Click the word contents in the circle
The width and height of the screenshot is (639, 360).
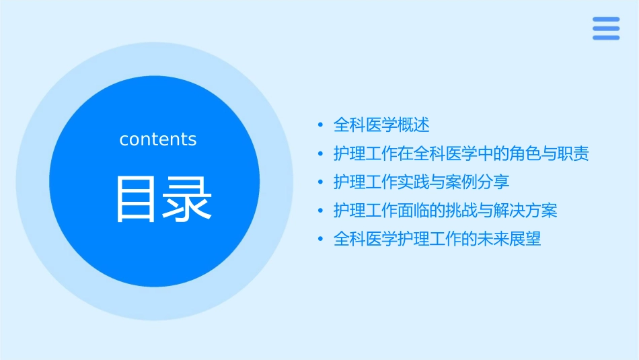tap(158, 139)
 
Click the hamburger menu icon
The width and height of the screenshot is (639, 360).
tap(605, 28)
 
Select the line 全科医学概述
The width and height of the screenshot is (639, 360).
tap(381, 125)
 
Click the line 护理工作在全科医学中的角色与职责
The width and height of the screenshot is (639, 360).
tap(461, 154)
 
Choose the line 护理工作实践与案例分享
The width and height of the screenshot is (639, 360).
tap(422, 182)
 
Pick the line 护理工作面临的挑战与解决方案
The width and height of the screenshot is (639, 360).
tap(445, 211)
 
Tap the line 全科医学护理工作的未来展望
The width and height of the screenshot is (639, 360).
tap(437, 240)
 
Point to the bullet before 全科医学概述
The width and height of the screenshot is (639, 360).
tap(321, 125)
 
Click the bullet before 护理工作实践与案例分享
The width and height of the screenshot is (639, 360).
tap(321, 182)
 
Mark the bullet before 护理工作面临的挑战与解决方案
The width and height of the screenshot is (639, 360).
tap(321, 211)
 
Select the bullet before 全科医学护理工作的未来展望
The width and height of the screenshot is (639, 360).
tap(321, 240)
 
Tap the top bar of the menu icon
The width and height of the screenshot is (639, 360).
tap(605, 20)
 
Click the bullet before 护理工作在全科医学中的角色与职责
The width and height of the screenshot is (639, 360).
tap(321, 154)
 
